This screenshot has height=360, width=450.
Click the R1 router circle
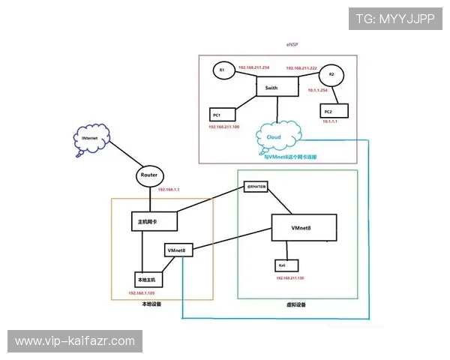click(x=221, y=70)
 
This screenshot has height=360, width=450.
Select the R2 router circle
click(x=331, y=76)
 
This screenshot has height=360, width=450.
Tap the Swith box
click(x=277, y=87)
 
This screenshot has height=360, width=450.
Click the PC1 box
click(x=221, y=115)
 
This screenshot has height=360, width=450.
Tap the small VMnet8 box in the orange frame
click(x=178, y=250)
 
